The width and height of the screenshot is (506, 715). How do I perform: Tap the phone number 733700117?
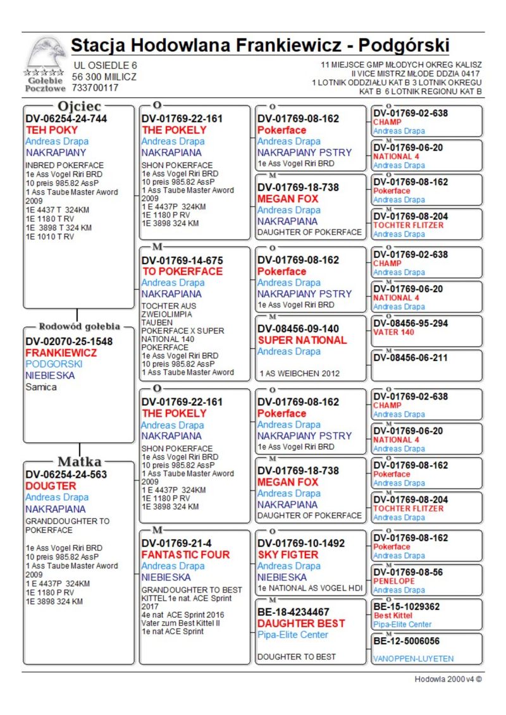coord(96,89)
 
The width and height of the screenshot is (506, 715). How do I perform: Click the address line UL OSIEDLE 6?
coord(105,65)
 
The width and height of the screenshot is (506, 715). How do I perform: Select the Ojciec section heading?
coord(78,106)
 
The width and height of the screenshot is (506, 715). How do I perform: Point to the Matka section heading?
coord(80,461)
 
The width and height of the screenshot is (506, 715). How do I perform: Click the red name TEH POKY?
coord(52,130)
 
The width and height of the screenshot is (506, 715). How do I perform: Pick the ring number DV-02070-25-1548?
coord(70,341)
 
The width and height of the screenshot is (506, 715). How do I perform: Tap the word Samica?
coord(41,387)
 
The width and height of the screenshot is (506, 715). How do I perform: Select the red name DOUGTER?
coord(51,486)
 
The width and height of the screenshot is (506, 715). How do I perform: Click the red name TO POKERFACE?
coord(182,271)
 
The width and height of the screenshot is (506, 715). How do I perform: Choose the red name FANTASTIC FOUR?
coord(186,554)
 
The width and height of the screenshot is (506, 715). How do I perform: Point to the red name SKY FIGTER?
coord(288,554)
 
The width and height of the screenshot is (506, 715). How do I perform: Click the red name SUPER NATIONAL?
coord(302,340)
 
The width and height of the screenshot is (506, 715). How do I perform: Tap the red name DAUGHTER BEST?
coord(301,623)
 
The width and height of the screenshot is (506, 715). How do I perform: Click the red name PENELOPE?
coord(394,581)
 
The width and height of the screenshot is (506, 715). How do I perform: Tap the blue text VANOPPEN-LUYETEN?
coord(413,659)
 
